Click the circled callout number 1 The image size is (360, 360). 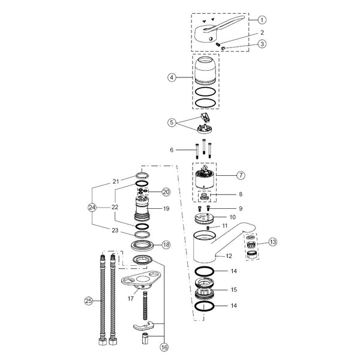coord(262,20)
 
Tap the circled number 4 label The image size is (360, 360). coord(172,77)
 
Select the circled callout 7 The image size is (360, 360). coord(241,175)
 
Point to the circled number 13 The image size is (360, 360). coord(272,242)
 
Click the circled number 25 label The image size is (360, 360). coord(89,301)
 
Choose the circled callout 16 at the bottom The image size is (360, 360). coord(164,347)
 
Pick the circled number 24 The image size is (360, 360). coord(92,208)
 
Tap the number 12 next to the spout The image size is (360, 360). coord(229,256)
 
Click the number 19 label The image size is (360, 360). coord(166,209)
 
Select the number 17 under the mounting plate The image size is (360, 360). coord(131,298)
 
